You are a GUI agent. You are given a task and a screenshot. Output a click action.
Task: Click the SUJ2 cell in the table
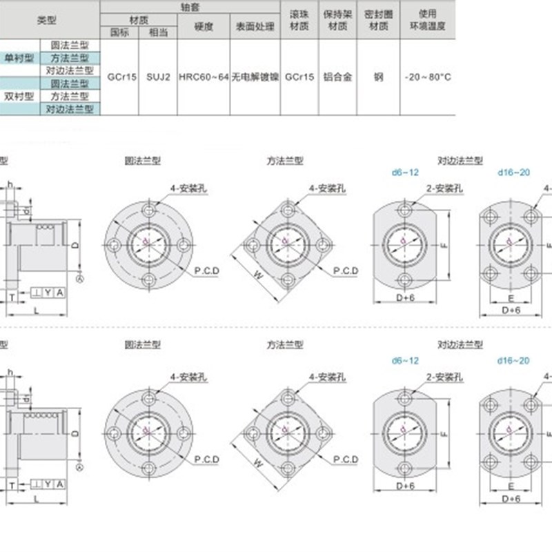click(x=158, y=77)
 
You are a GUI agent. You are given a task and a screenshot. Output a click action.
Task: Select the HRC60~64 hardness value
click(x=203, y=77)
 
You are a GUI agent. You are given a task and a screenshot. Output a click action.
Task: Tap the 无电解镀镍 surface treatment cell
click(x=255, y=77)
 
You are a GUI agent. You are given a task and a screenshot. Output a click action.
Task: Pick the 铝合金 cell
click(x=337, y=77)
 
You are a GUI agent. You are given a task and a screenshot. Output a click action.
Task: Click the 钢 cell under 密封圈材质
click(x=378, y=77)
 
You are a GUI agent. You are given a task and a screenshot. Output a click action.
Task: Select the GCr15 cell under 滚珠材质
click(x=299, y=77)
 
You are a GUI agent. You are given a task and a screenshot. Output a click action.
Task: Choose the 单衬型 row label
click(x=19, y=58)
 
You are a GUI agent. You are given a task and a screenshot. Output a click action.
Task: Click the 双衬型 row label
click(x=19, y=96)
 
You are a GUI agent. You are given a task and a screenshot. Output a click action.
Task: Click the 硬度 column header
click(x=203, y=27)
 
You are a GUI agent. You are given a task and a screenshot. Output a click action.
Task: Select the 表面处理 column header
click(x=255, y=27)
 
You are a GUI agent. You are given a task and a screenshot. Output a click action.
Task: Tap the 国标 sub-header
click(x=119, y=32)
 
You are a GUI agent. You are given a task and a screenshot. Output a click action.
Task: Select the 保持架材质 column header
click(x=337, y=20)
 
